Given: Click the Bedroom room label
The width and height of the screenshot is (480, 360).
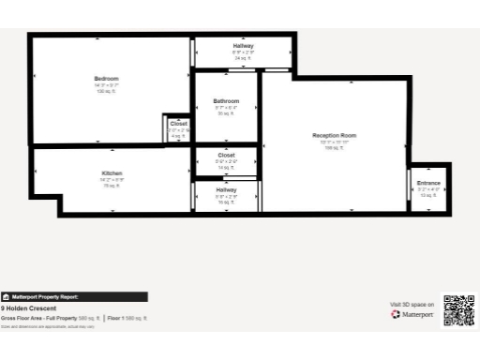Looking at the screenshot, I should (x=106, y=78).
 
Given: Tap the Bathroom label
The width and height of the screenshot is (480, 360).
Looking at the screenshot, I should (x=226, y=100).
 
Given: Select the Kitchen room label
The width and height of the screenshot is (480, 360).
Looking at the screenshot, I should (x=112, y=174).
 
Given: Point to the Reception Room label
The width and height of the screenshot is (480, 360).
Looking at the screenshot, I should (x=334, y=136).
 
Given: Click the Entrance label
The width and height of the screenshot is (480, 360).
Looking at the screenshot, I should (x=428, y=183).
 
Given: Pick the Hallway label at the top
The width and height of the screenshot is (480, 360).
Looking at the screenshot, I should (x=243, y=46).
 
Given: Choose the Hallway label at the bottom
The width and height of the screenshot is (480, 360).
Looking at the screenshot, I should (x=226, y=189).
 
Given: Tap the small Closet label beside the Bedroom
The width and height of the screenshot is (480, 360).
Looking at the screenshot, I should (x=178, y=124).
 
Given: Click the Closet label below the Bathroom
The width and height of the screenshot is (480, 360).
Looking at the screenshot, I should (x=226, y=155).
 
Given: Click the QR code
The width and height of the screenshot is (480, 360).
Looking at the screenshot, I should (x=458, y=310).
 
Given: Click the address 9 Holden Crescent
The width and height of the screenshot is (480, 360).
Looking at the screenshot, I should (x=28, y=308).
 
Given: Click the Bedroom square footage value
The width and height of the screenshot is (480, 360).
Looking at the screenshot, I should (x=106, y=91).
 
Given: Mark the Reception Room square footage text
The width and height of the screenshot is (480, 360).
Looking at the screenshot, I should (x=334, y=148).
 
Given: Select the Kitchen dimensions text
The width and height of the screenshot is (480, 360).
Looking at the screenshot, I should (x=112, y=180).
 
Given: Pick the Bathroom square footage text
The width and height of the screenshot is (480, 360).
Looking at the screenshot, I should (x=226, y=112).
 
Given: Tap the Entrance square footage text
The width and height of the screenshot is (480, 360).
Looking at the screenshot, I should (x=428, y=195).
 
